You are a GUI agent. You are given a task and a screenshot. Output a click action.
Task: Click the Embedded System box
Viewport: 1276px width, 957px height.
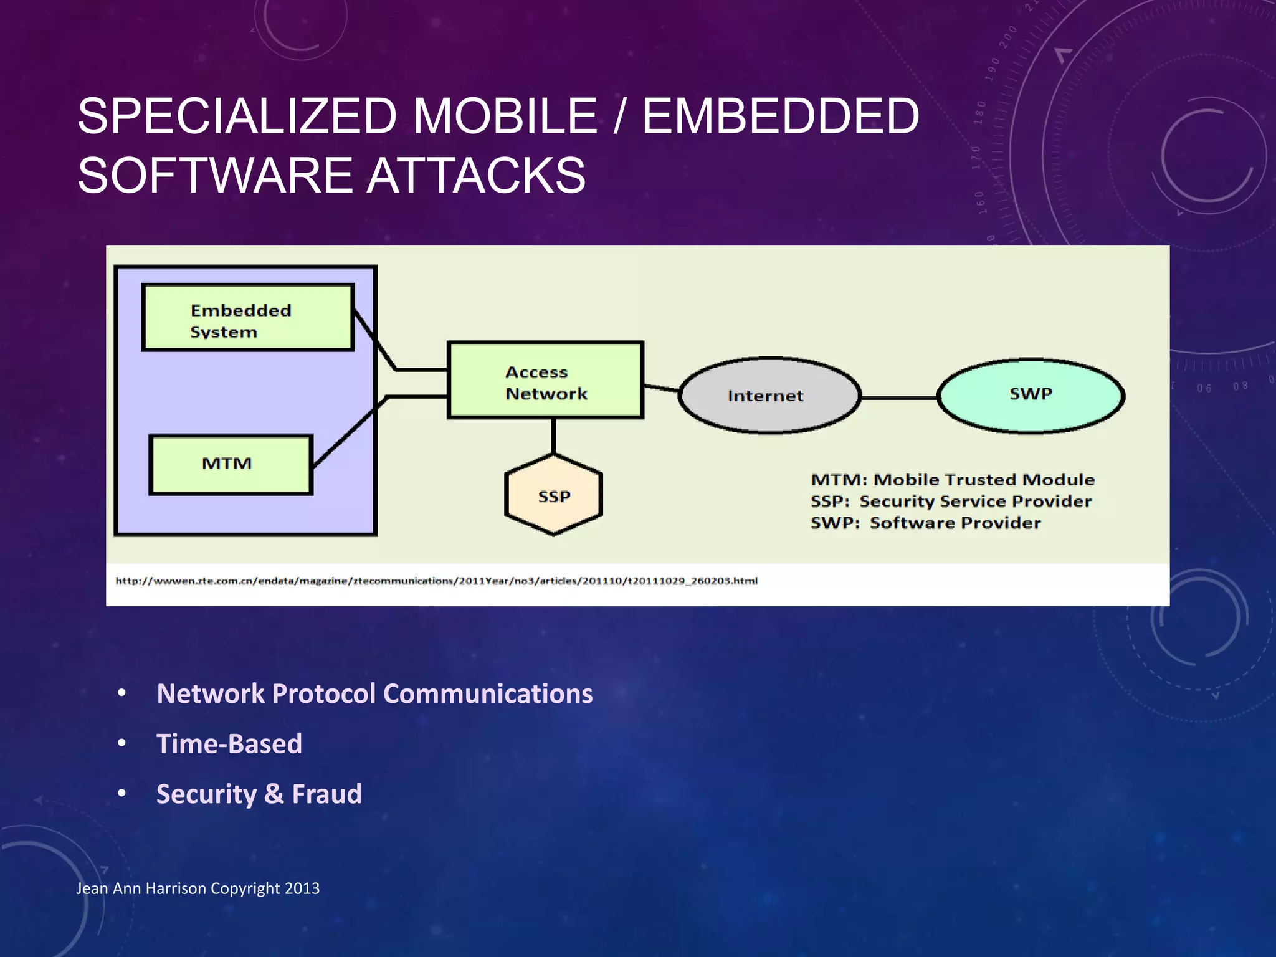pos(248,318)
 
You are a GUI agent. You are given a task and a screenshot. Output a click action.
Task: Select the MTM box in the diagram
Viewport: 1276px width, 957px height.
pos(231,464)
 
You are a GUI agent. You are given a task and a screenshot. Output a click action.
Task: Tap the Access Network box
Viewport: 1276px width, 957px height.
pos(545,380)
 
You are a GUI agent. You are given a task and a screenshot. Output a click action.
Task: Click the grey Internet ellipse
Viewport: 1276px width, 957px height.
pos(769,396)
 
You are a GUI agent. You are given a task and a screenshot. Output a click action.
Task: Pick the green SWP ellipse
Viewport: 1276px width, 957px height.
pos(1031,395)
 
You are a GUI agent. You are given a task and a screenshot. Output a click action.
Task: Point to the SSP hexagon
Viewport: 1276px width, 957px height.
pos(553,495)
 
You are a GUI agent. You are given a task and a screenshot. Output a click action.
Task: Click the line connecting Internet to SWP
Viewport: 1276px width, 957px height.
pos(899,397)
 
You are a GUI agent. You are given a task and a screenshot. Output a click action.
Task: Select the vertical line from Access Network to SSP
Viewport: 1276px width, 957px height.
pos(553,436)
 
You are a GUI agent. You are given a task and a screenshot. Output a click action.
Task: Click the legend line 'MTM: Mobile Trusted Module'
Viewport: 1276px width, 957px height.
pos(952,480)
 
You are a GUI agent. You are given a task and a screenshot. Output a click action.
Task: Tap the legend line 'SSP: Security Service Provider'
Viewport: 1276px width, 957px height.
pos(951,502)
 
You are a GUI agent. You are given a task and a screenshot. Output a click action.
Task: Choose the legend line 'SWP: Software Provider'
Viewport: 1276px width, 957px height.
pos(925,523)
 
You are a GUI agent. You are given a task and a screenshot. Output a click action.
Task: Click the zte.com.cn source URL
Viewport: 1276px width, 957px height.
pos(436,581)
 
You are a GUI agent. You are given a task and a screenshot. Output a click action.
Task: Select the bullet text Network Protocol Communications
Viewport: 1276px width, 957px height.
pos(374,693)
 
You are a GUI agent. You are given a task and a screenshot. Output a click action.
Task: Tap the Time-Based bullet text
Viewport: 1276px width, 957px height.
pos(229,743)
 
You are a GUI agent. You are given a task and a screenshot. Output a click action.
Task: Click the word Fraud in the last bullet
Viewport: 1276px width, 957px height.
pos(326,794)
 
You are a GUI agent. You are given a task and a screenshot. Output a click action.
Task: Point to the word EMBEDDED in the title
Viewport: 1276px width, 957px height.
pos(780,116)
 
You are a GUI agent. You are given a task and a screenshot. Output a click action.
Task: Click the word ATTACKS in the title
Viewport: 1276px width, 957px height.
pos(476,175)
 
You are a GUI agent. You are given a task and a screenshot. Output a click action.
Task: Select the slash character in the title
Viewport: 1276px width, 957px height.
pos(619,116)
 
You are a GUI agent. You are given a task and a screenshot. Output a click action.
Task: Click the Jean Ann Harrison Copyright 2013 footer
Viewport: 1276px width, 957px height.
pos(198,888)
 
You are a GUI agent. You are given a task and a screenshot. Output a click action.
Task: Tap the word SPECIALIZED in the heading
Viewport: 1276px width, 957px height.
pos(237,116)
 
